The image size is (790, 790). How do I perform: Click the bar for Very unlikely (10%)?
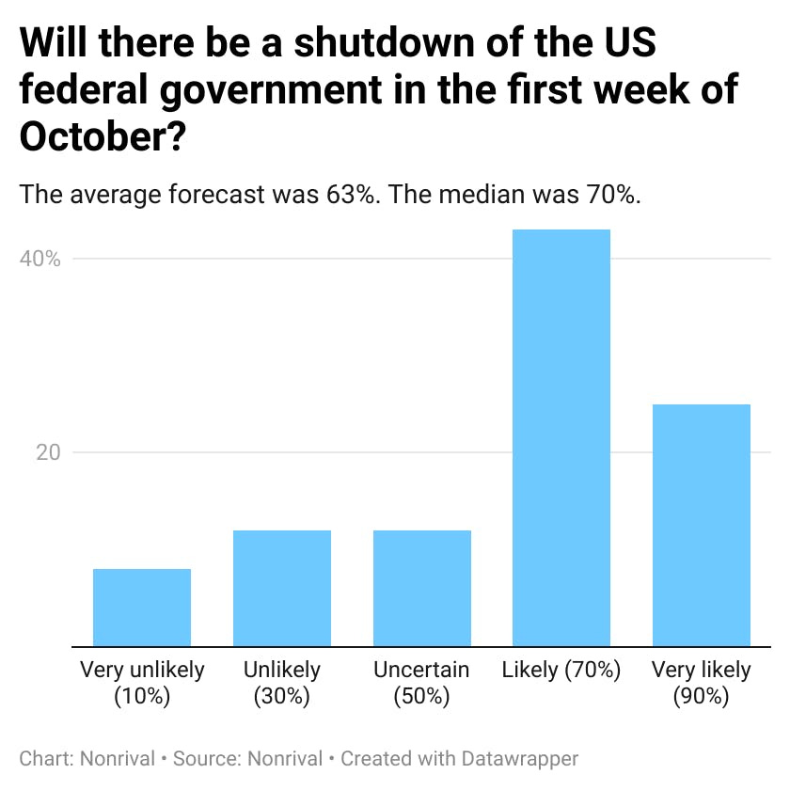click(x=142, y=608)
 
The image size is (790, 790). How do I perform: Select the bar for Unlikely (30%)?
click(x=282, y=588)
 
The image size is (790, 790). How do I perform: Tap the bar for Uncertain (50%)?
click(x=421, y=588)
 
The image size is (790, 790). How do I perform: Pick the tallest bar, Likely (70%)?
click(x=561, y=437)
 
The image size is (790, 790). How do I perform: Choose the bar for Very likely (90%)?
click(x=702, y=525)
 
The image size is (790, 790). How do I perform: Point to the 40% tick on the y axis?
click(x=40, y=260)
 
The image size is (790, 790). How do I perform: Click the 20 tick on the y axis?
click(x=48, y=452)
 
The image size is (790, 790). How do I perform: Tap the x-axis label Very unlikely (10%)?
click(x=142, y=683)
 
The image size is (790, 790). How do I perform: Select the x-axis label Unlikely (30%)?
click(x=282, y=683)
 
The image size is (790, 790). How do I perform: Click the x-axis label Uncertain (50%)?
click(x=421, y=683)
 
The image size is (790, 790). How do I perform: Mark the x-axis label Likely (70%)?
click(x=561, y=671)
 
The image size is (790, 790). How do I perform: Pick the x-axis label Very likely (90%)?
click(x=702, y=683)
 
